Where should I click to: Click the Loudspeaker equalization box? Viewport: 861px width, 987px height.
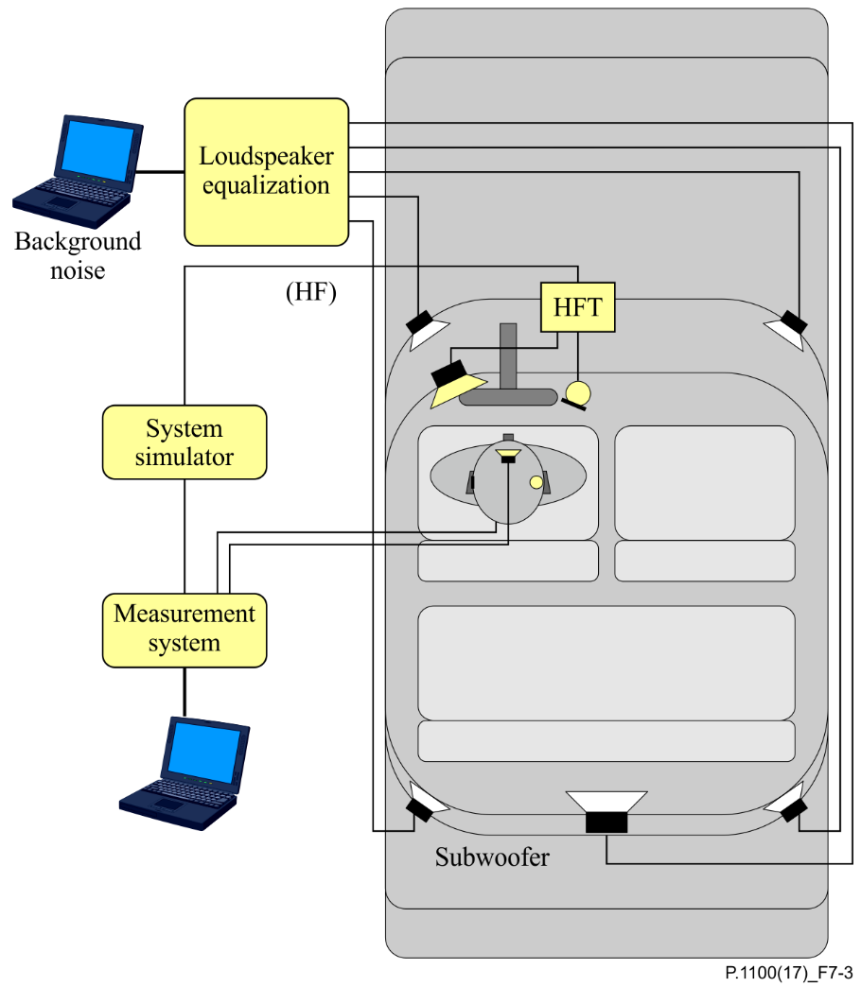[x=266, y=171]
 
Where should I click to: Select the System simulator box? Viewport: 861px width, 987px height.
[x=184, y=442]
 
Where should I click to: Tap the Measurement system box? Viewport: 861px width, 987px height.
[x=184, y=630]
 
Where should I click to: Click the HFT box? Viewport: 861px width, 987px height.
[x=577, y=307]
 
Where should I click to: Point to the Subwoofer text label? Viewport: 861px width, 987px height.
[x=492, y=857]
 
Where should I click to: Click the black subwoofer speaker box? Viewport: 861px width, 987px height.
[x=606, y=822]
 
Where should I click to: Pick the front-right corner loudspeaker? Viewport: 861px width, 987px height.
[x=786, y=327]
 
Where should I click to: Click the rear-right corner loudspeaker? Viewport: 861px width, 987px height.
[x=787, y=804]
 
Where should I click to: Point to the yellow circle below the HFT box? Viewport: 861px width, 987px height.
[x=577, y=390]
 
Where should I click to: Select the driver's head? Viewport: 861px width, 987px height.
[x=508, y=482]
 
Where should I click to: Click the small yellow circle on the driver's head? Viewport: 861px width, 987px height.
[x=536, y=482]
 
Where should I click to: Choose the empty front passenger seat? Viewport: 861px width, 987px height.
[x=705, y=482]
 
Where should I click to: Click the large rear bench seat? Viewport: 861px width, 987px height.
[x=606, y=663]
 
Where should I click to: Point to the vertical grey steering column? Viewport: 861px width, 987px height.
[x=508, y=355]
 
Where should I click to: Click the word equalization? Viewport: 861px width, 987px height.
[x=266, y=185]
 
